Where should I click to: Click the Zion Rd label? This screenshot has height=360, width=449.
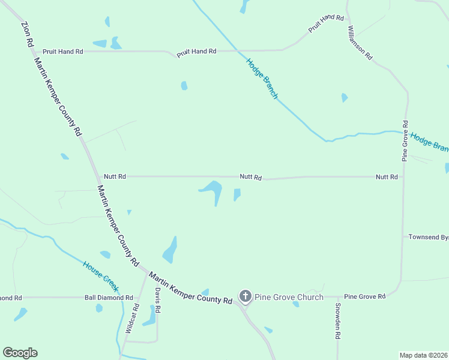tap(27, 35)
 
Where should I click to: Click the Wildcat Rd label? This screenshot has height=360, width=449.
tap(132, 319)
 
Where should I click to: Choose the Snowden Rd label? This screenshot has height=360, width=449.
tap(337, 318)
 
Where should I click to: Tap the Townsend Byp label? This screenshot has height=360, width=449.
tap(429, 238)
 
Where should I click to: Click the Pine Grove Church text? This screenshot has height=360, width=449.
tap(289, 297)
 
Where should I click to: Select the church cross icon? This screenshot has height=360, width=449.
tap(245, 296)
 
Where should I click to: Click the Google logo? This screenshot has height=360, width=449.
tap(20, 353)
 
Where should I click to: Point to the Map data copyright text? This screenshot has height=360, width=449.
tap(424, 355)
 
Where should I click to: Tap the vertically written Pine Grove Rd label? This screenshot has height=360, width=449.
tap(405, 140)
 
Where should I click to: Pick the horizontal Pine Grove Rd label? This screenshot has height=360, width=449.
tap(364, 297)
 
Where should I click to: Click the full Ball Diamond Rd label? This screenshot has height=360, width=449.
tap(109, 298)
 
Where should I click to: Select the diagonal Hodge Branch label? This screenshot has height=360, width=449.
tap(262, 78)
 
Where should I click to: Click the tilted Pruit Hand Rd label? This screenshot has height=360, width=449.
tap(325, 24)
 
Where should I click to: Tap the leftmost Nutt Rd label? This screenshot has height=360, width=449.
tap(115, 176)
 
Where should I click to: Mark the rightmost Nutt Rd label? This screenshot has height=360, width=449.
tap(387, 177)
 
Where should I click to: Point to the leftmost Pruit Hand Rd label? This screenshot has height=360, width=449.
tap(62, 52)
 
